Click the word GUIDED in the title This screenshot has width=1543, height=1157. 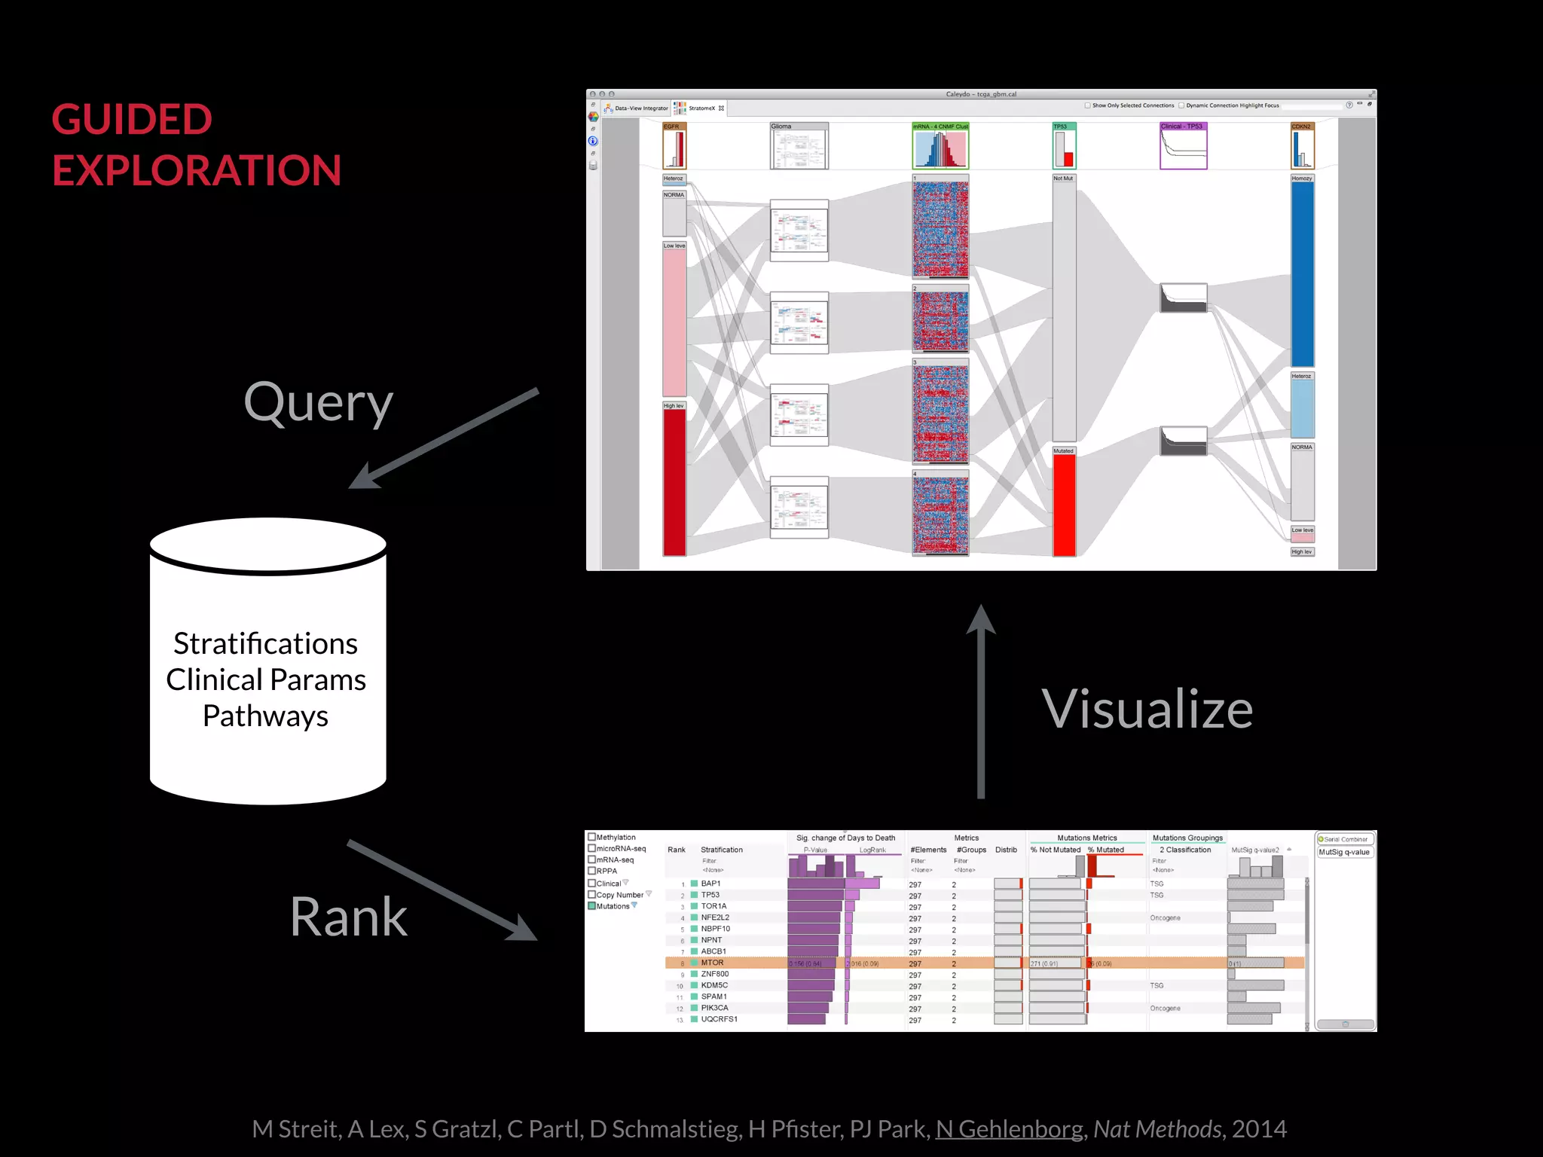(132, 120)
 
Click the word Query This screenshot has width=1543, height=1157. (318, 404)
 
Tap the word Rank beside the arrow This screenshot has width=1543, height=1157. (348, 917)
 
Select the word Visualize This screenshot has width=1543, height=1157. (1147, 709)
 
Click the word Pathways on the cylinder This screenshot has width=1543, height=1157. (265, 716)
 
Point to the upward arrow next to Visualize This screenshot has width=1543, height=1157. (981, 701)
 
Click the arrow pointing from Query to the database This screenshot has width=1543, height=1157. (445, 438)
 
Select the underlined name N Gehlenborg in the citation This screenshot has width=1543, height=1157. (1009, 1128)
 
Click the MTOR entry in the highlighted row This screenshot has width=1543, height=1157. (712, 963)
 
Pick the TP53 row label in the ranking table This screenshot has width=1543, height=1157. (710, 895)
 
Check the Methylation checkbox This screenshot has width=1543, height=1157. (592, 837)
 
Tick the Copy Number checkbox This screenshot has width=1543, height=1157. (592, 895)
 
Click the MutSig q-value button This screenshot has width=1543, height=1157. (1345, 852)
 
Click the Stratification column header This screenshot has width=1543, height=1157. (721, 850)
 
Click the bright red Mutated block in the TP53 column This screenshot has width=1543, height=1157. (1064, 505)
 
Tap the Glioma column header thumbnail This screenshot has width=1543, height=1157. (799, 148)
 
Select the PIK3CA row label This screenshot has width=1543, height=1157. (714, 1008)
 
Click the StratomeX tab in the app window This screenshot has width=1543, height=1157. (701, 108)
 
